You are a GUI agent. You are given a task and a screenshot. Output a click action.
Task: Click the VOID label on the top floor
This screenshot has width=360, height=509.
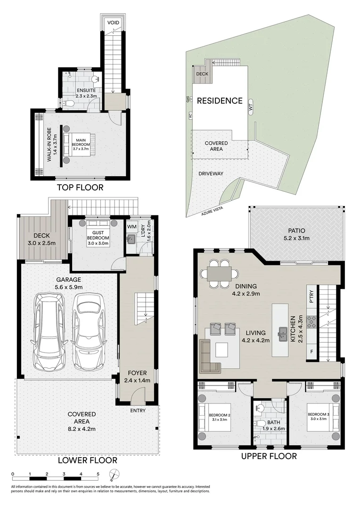click(113, 23)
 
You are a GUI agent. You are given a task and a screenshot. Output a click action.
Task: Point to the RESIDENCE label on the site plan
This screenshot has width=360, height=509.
click(220, 101)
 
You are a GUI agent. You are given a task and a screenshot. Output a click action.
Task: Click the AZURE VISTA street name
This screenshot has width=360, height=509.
click(212, 212)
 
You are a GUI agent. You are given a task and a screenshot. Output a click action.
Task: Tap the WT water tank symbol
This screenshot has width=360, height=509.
click(251, 107)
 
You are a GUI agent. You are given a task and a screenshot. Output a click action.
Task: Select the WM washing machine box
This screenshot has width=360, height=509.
click(132, 227)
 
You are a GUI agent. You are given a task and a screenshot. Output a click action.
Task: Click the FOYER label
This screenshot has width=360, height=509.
click(137, 373)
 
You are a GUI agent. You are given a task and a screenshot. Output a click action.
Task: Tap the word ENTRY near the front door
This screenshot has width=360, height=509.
click(138, 410)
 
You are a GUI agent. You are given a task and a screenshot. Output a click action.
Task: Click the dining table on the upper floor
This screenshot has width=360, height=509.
click(219, 274)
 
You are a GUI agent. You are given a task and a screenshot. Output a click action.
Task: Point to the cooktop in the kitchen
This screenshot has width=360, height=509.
click(311, 322)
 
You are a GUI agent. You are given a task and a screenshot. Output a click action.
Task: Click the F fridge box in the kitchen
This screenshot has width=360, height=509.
click(311, 352)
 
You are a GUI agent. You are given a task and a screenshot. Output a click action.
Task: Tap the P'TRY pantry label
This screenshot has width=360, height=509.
click(311, 296)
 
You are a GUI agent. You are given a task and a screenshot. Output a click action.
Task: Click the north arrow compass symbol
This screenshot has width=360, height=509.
click(114, 474)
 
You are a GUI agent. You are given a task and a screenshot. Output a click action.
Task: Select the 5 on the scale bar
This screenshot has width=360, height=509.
click(98, 474)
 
